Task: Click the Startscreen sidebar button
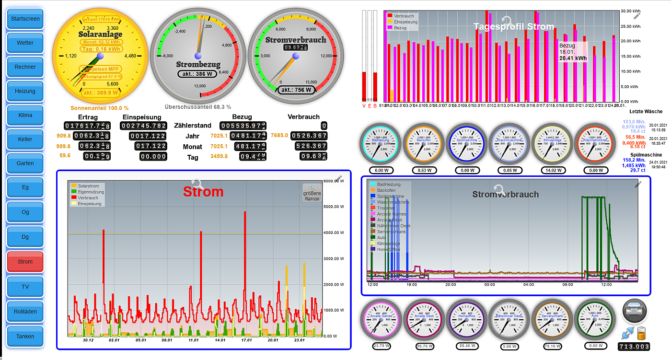coord(25,19)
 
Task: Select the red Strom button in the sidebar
coord(25,262)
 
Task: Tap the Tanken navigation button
coord(25,336)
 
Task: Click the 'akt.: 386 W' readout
coord(197,74)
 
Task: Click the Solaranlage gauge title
coord(101,35)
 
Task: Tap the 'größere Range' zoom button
coord(312,193)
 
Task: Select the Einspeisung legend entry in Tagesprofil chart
coord(405,22)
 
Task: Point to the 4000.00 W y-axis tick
coord(335,233)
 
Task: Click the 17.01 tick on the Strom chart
coord(246,340)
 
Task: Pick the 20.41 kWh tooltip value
coord(573,58)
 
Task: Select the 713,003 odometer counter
coord(634,347)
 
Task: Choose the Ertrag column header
coord(88,117)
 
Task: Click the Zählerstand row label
coord(192,126)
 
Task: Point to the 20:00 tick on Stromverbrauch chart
coord(450,284)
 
